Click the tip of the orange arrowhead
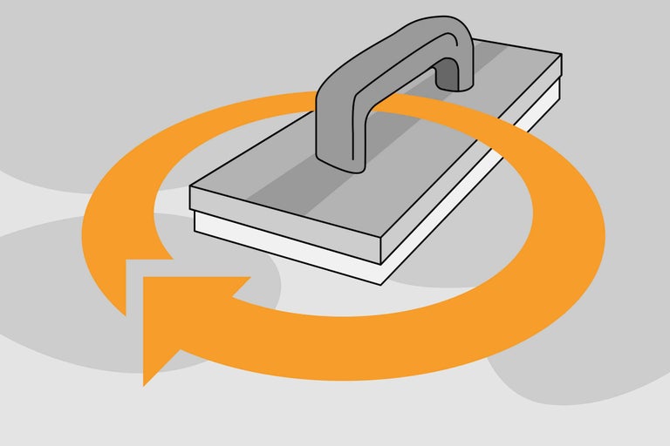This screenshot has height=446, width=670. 145,382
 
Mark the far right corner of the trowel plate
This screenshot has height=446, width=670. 560,56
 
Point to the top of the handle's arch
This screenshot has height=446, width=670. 436,26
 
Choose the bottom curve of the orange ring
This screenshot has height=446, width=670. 366,348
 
